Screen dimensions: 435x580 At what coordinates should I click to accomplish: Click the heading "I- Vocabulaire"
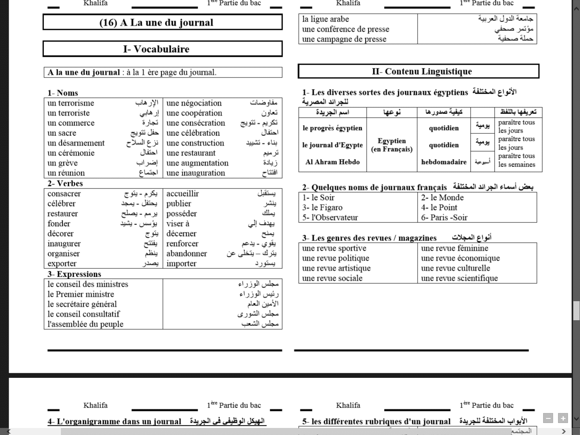[156, 49]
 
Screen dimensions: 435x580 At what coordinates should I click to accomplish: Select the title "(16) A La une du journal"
[156, 22]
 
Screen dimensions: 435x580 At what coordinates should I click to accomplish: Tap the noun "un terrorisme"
[70, 103]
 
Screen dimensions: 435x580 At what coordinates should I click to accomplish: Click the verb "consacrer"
[64, 194]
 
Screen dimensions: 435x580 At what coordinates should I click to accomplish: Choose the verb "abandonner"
[186, 254]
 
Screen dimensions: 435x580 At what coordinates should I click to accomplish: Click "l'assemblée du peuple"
[85, 324]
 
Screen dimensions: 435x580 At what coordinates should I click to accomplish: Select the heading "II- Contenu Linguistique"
[421, 71]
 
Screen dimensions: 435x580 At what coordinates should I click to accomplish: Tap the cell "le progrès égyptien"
[332, 128]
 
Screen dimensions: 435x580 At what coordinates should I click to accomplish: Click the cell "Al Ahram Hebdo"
[332, 162]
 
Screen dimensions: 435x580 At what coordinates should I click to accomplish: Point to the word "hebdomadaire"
[444, 162]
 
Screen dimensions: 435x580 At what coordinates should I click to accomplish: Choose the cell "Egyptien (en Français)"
[391, 145]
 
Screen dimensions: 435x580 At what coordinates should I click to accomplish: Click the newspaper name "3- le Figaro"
[322, 208]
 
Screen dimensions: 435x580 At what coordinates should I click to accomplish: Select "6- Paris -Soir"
[444, 217]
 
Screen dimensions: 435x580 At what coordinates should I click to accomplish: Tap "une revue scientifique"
[459, 278]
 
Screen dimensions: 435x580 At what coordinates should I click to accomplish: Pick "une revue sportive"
[334, 249]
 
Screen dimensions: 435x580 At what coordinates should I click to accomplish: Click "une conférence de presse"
[346, 29]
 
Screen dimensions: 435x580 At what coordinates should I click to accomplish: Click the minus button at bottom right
[548, 418]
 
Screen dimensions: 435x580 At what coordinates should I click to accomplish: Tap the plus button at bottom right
[563, 418]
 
